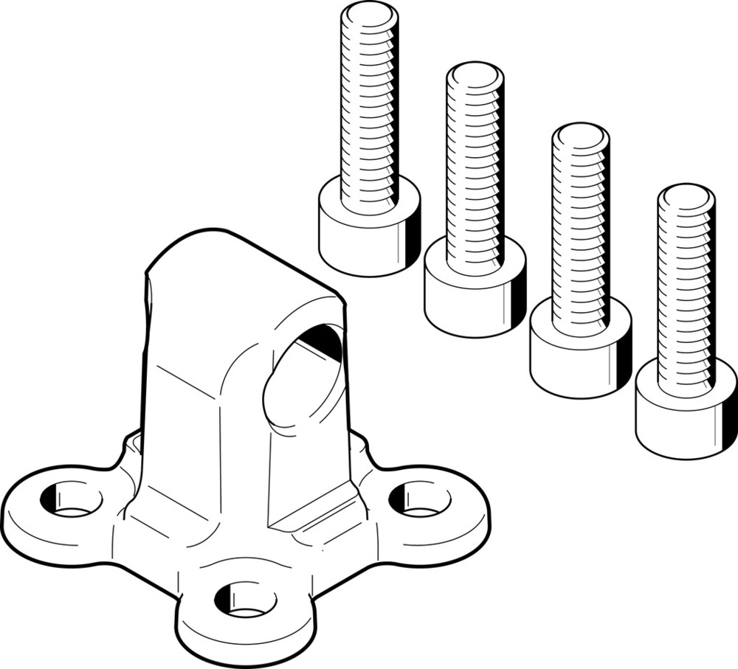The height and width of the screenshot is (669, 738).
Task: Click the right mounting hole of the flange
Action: point(419,499)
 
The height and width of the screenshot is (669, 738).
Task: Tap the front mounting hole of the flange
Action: point(246,599)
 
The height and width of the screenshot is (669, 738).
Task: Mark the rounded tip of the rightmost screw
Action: point(686,198)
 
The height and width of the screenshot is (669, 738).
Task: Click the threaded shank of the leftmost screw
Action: point(369,111)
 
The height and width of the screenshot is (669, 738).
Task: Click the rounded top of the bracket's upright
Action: point(221,243)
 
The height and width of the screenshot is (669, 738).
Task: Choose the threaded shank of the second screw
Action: point(475,170)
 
